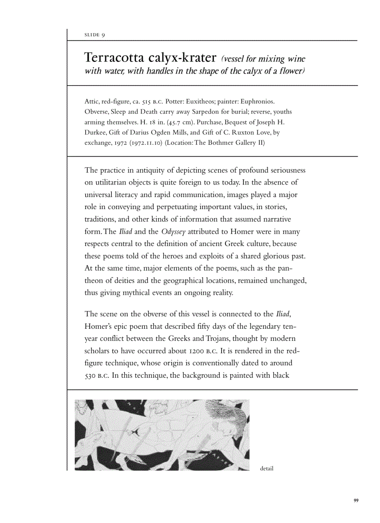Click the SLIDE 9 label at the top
click(x=95, y=35)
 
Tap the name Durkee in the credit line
click(x=96, y=132)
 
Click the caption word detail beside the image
click(x=266, y=468)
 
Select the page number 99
click(x=356, y=501)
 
